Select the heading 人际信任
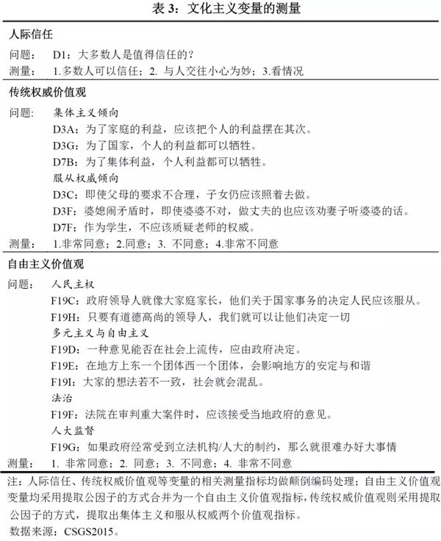tap(31, 35)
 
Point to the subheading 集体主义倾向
tap(86, 114)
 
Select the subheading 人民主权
tap(75, 284)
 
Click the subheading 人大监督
tap(75, 430)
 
